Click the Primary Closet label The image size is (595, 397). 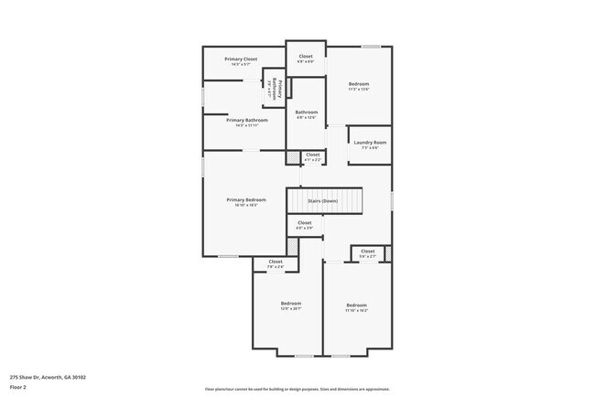tap(241, 59)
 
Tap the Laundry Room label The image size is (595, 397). tap(368, 143)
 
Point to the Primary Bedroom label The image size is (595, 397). tap(247, 200)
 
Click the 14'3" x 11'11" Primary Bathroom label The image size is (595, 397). tap(247, 121)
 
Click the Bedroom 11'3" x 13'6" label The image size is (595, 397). tap(358, 84)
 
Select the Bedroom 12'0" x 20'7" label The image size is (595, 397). tap(290, 304)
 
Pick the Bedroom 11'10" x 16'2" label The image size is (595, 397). tap(356, 306)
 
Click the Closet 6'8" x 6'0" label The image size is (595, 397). tap(306, 57)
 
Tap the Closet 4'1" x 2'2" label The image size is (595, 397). tap(312, 156)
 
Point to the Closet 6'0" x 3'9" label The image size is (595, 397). tap(305, 223)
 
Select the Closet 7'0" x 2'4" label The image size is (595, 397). tap(276, 263)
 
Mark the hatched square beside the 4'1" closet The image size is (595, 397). tap(293, 157)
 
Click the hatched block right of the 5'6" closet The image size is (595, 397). tap(387, 252)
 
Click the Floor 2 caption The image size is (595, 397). tap(18, 386)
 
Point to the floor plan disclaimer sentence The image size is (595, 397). tap(297, 389)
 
